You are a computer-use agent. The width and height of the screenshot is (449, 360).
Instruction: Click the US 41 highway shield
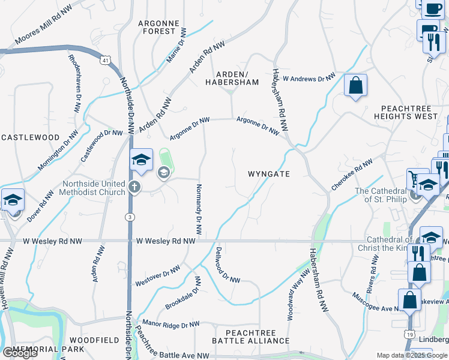[106, 61]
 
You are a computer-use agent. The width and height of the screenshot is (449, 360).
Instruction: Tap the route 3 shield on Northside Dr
[129, 216]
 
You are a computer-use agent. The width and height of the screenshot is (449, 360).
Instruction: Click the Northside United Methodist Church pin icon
[134, 187]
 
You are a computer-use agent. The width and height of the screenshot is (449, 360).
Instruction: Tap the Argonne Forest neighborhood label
[158, 27]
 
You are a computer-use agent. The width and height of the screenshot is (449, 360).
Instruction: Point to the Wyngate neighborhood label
[269, 174]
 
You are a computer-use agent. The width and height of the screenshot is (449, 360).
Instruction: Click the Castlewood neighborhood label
[30, 137]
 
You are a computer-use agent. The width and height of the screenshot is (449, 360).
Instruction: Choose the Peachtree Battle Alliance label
[252, 337]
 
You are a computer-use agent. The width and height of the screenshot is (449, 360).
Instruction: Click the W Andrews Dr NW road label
[309, 78]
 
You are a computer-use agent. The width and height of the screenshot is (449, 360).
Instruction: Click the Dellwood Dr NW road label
[228, 265]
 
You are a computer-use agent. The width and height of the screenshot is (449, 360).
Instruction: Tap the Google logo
[20, 353]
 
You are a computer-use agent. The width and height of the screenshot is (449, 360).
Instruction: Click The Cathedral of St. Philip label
[381, 195]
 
